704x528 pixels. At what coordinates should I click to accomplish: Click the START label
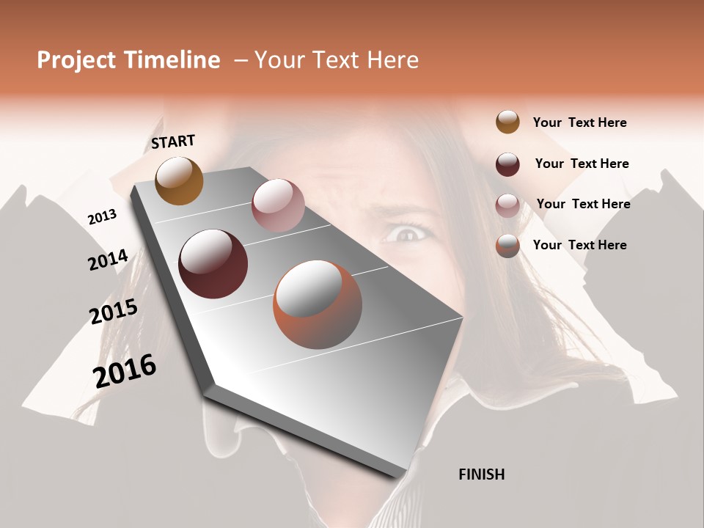click(173, 142)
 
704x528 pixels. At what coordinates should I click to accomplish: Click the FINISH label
click(481, 474)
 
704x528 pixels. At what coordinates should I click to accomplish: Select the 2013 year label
click(102, 217)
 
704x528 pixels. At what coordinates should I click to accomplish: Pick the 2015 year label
click(114, 312)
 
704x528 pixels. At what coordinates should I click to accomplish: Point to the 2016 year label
click(125, 370)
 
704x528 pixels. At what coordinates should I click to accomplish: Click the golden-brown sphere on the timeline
click(179, 180)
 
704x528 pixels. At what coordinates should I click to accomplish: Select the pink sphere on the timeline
click(278, 205)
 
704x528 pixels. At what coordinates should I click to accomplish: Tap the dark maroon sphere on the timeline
click(213, 264)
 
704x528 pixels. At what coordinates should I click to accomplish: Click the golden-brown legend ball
click(507, 122)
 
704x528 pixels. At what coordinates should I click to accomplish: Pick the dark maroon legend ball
click(507, 164)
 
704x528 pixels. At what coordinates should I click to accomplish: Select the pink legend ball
click(507, 205)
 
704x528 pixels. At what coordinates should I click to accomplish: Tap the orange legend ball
click(507, 246)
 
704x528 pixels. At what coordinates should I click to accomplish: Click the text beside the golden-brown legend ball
click(579, 122)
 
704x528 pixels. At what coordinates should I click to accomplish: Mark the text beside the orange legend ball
click(579, 245)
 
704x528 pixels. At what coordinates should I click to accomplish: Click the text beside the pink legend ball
click(583, 204)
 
